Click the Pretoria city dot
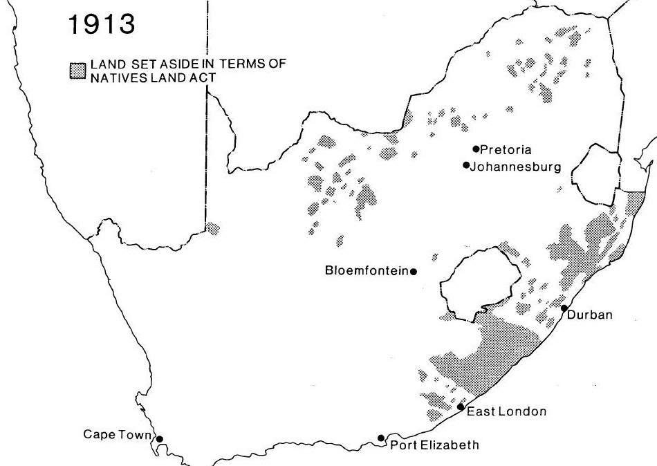(476, 149)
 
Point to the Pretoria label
(503, 149)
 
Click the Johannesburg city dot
(466, 165)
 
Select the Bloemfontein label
(367, 271)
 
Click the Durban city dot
(564, 308)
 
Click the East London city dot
(461, 407)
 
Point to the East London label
(507, 411)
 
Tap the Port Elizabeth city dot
(381, 438)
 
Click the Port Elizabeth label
(434, 445)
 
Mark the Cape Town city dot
(159, 438)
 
